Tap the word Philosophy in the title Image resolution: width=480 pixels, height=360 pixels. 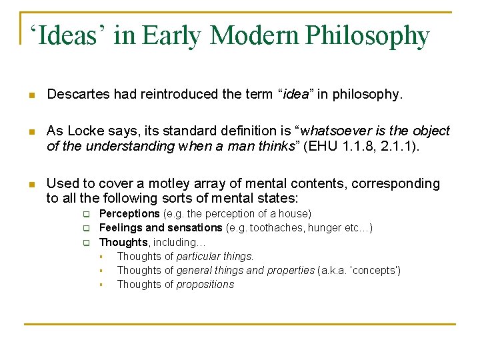pyautogui.click(x=367, y=37)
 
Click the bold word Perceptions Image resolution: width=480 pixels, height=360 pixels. pyautogui.click(x=129, y=214)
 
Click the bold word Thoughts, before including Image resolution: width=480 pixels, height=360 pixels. pyautogui.click(x=123, y=242)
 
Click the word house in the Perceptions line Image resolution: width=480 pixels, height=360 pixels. pyautogui.click(x=295, y=214)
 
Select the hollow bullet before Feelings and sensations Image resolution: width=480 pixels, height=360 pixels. pyautogui.click(x=85, y=229)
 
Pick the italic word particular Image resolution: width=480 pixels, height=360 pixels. pyautogui.click(x=198, y=256)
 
